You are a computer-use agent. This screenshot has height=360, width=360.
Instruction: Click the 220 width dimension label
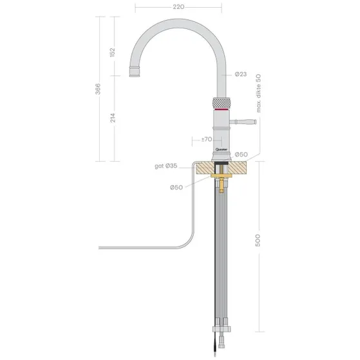[x=178, y=7]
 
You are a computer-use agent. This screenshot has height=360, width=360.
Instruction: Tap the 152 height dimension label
[x=112, y=52]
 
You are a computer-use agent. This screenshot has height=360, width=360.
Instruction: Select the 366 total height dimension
[x=98, y=89]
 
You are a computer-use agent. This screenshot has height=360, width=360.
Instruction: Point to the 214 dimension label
[x=113, y=118]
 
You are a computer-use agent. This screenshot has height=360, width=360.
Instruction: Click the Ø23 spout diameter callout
[x=241, y=74]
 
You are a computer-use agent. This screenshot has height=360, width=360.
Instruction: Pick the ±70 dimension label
[x=206, y=139]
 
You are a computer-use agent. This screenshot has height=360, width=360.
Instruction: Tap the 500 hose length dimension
[x=258, y=241]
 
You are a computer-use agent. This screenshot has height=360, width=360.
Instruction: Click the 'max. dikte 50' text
[x=258, y=93]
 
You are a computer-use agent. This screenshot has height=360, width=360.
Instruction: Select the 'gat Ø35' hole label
[x=166, y=166]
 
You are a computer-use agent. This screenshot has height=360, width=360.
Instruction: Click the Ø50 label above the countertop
[x=241, y=155]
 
